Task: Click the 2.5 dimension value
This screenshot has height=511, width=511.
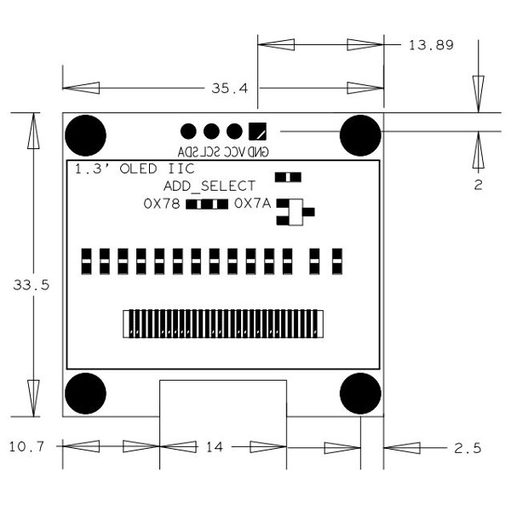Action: point(466,446)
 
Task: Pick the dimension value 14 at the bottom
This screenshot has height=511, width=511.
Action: point(214,446)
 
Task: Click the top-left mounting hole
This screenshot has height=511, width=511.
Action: point(86,135)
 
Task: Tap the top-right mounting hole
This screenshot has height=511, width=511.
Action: point(360,135)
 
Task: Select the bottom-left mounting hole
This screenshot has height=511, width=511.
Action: point(86,393)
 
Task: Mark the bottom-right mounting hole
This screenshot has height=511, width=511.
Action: point(360,393)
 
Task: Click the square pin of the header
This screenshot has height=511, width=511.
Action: point(257,131)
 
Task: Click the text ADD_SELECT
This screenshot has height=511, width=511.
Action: point(210,186)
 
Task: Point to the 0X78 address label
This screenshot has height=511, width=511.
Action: point(162,204)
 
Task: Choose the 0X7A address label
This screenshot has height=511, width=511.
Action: point(252,204)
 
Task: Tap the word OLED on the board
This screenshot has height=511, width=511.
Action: point(140,169)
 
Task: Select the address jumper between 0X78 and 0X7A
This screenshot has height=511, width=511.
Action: point(207,204)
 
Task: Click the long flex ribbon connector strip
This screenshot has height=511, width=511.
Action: point(223,323)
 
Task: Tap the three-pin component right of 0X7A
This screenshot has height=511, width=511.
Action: point(294,212)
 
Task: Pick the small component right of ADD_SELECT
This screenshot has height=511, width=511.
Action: point(288,177)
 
